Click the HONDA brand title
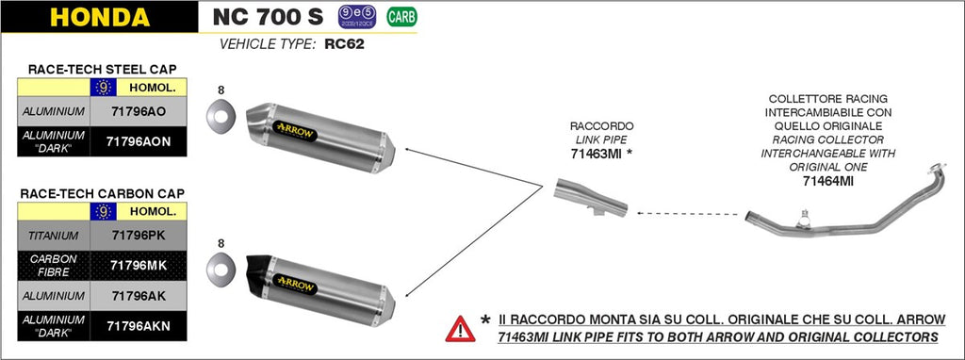click(x=99, y=17)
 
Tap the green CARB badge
click(x=401, y=17)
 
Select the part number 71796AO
click(x=139, y=111)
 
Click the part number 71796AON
click(x=139, y=140)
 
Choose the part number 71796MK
click(x=139, y=265)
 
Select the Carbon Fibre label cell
click(x=54, y=265)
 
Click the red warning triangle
click(x=460, y=328)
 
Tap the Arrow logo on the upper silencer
click(x=297, y=125)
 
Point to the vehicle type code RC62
click(x=344, y=44)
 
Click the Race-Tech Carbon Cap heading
click(x=102, y=193)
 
